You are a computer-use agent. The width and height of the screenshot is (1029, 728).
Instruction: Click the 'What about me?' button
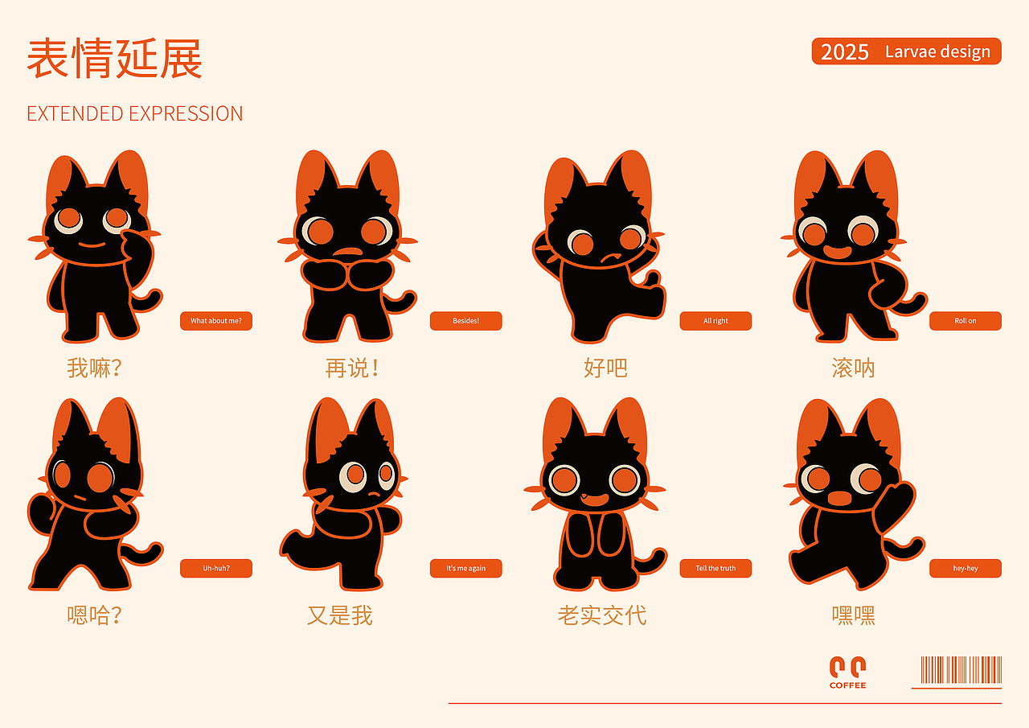coord(216,321)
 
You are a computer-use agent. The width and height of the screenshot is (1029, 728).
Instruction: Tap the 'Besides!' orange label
coord(465,321)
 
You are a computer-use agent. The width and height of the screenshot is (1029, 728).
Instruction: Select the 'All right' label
coord(715,321)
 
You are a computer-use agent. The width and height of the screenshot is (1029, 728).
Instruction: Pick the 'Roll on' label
coord(965,321)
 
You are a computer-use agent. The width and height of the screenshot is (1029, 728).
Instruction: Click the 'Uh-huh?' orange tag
coord(216,568)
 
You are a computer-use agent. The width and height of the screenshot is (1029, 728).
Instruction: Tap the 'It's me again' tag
coord(465,568)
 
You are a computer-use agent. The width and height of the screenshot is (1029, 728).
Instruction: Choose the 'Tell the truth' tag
coord(715,568)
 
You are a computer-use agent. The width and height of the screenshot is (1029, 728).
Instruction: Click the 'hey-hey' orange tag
coord(965,568)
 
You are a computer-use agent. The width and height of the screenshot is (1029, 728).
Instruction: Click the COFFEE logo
coord(847,672)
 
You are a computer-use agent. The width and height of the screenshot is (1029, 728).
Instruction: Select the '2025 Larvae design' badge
coord(906,51)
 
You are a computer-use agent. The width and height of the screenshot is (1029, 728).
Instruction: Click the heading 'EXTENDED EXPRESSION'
coord(134,113)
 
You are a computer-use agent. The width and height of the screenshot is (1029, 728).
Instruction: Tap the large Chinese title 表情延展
coord(114,59)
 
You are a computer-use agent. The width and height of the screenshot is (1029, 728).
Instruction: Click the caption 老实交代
coord(602,615)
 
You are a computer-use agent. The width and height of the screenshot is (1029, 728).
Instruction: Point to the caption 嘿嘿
coord(853,615)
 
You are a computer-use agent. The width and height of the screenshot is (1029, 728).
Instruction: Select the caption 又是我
coord(339,615)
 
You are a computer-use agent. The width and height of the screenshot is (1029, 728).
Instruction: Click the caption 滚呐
coord(853,368)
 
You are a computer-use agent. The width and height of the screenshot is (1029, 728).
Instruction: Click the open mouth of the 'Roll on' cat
coord(837,252)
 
